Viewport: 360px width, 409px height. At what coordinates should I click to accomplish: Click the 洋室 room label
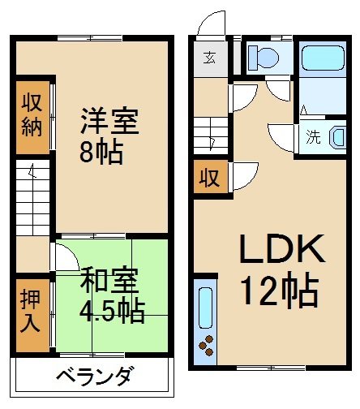tap(109, 123)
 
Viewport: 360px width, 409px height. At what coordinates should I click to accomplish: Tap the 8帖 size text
tap(101, 152)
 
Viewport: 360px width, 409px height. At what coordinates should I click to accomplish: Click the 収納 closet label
tap(31, 114)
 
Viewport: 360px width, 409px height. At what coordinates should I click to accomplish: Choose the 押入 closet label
tap(31, 312)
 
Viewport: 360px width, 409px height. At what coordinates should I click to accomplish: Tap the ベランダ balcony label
tap(94, 377)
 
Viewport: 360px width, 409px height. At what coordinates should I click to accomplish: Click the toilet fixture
tap(262, 57)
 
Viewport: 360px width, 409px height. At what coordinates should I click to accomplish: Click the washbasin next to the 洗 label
tap(336, 137)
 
